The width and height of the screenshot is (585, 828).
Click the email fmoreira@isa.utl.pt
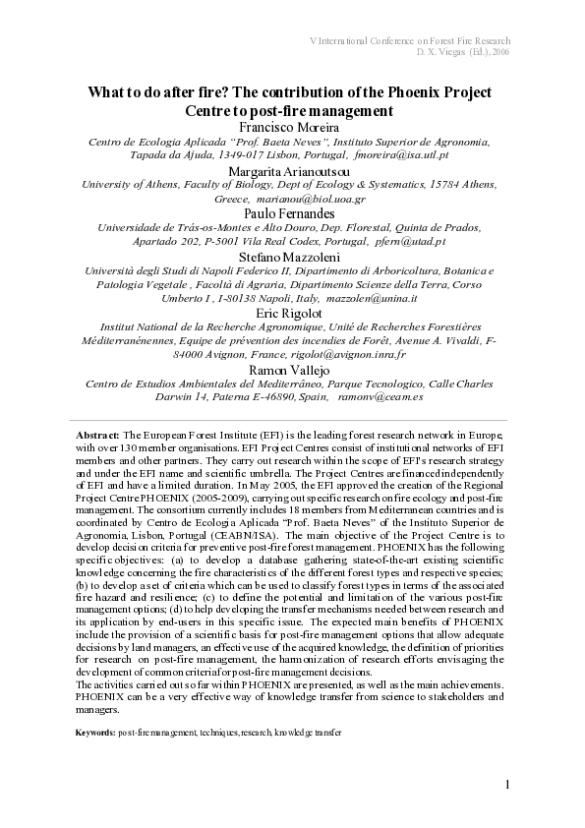coord(402,155)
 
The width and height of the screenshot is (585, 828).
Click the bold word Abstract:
coord(98,434)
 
